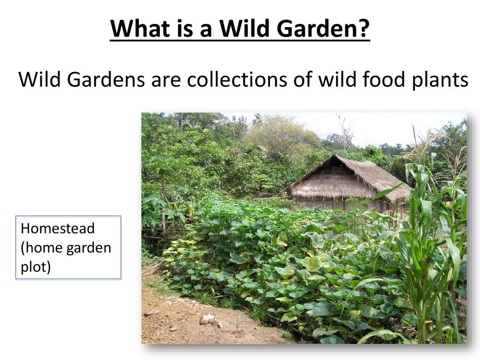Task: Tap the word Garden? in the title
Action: [x=323, y=28]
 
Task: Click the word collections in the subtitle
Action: [x=237, y=79]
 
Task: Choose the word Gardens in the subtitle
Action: [x=105, y=79]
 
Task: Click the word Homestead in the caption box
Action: [x=58, y=228]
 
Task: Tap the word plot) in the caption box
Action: [x=36, y=267]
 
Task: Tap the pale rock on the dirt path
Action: [x=207, y=319]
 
